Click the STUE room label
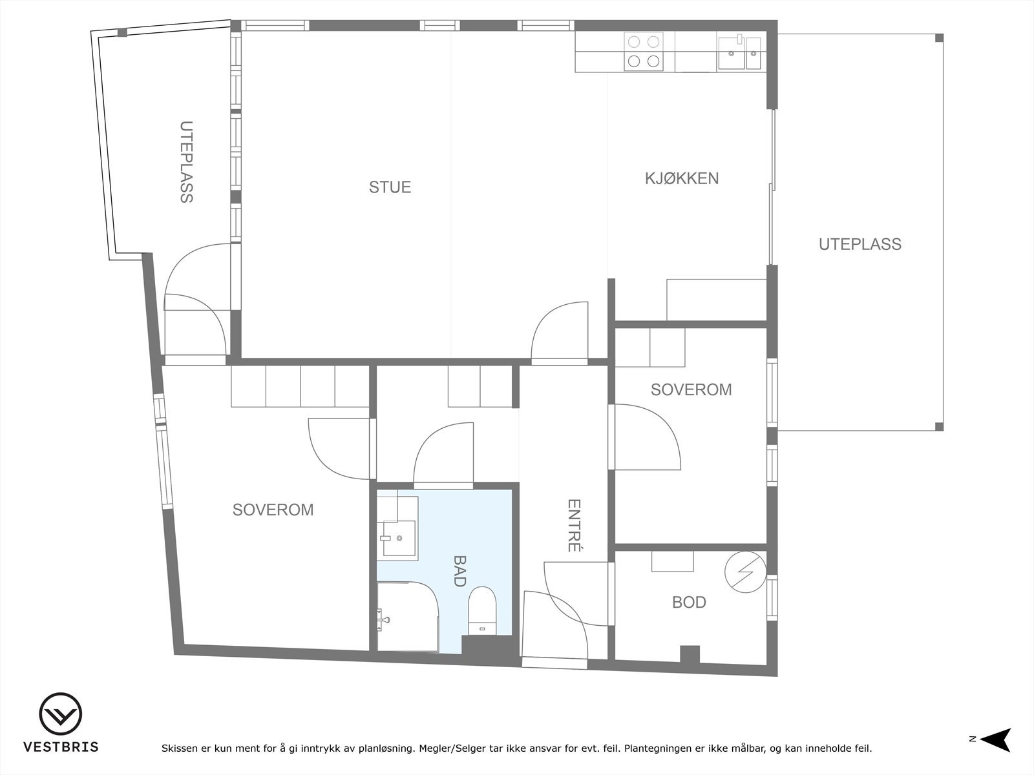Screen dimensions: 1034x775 [390, 187]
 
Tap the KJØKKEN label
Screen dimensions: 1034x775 [682, 178]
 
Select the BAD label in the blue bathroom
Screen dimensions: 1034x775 [459, 571]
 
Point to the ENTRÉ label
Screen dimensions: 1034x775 [574, 525]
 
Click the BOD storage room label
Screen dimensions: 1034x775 [689, 603]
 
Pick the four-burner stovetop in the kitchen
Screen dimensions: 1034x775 [644, 51]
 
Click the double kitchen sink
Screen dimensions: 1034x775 [739, 53]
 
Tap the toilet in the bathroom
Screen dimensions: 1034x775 [482, 611]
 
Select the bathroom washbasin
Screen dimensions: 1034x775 [399, 538]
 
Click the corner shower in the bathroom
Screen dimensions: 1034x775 [408, 616]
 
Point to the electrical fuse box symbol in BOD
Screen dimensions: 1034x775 [745, 572]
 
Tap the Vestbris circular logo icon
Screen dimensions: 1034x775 [60, 714]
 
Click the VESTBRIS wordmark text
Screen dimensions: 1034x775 [61, 747]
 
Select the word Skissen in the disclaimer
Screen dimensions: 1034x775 [179, 748]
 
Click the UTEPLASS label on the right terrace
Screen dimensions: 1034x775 [860, 244]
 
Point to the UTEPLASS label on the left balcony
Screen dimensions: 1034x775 [187, 162]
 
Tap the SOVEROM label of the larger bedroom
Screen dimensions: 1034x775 [273, 510]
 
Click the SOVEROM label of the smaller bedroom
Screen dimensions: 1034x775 [691, 389]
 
